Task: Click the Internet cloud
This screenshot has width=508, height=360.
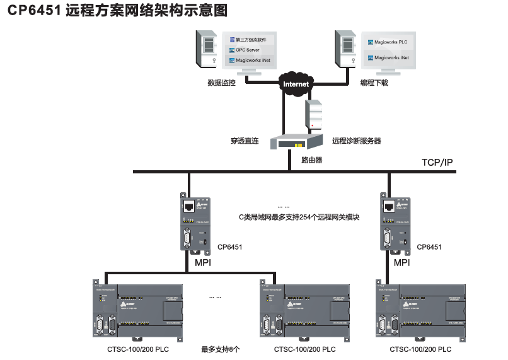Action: [296, 83]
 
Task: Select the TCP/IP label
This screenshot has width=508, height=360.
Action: [437, 163]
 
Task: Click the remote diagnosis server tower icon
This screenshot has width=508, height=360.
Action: [314, 115]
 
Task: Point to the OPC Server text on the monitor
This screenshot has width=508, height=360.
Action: [247, 50]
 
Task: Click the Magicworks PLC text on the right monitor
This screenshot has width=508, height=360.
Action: [391, 42]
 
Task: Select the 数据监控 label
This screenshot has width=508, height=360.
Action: [221, 83]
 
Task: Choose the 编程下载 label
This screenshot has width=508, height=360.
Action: [374, 83]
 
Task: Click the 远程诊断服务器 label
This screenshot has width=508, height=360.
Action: [356, 141]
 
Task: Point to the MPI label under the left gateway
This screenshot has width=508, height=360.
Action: [203, 262]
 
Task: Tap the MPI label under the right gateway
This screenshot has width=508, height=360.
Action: [401, 262]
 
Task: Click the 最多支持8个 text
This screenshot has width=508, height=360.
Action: [221, 349]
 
